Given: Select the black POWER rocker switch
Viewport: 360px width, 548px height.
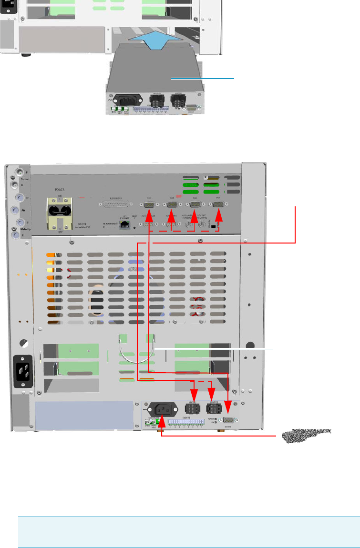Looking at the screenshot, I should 60,212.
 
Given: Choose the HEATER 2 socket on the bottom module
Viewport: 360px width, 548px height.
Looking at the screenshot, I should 212,408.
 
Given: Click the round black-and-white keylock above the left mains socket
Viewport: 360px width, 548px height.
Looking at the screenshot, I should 22,342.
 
